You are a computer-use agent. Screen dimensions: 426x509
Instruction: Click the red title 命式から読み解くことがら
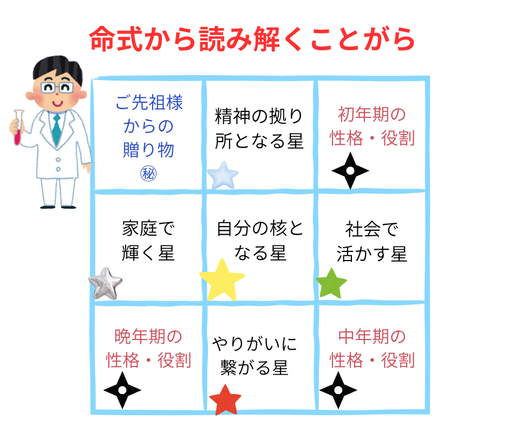coord(252,39)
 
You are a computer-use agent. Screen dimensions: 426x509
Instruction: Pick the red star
coord(225,400)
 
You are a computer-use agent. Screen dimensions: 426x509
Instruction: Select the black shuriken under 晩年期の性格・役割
coord(122,389)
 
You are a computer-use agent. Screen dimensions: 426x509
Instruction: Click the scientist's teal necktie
coord(56,130)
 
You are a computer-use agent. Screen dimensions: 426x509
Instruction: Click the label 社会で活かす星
coord(371,242)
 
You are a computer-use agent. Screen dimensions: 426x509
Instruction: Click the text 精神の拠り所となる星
coord(259,128)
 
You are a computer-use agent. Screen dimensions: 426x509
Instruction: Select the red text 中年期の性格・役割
coord(372,348)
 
